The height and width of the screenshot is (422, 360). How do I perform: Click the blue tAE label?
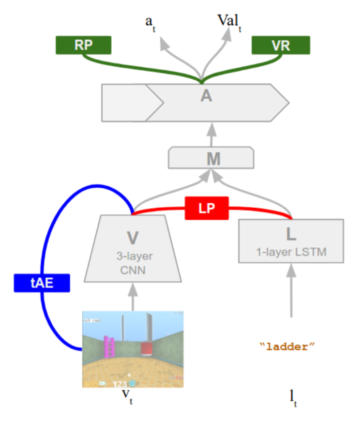(x=42, y=283)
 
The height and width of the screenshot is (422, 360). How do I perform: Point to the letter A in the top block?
(x=207, y=96)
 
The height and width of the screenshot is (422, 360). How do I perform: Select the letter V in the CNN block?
(x=133, y=237)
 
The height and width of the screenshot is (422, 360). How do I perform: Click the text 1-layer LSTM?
(x=291, y=251)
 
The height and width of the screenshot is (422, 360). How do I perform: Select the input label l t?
(x=292, y=397)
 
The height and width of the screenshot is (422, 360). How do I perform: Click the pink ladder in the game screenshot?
(x=109, y=347)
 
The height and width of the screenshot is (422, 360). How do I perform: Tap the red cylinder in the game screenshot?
(x=147, y=349)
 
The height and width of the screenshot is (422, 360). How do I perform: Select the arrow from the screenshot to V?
(x=133, y=296)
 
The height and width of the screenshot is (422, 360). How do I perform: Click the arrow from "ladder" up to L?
(x=291, y=290)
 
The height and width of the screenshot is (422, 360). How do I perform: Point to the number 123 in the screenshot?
(x=120, y=383)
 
